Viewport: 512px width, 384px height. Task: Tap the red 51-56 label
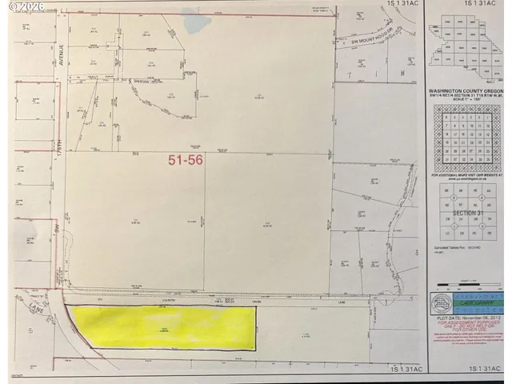(x=186, y=160)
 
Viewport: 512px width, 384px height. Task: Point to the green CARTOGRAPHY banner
(x=471, y=303)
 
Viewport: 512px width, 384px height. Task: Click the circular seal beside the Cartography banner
(x=441, y=303)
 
